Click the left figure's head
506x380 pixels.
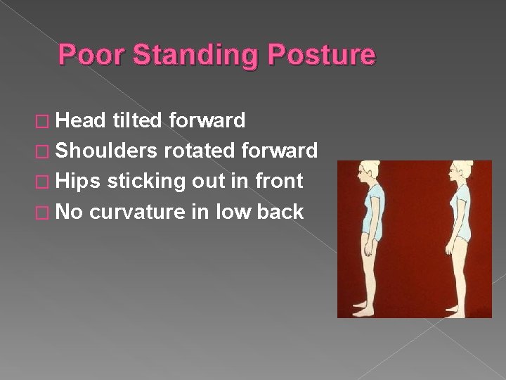click(370, 172)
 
